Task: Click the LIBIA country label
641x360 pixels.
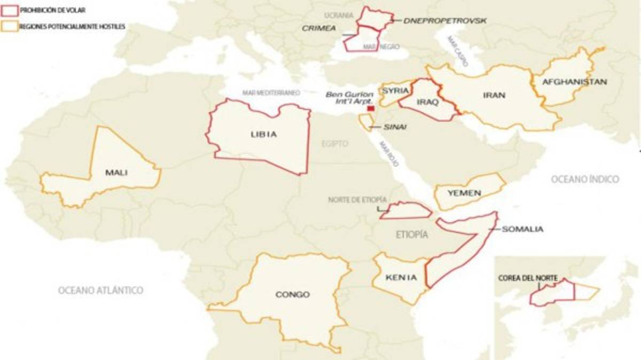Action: click(x=264, y=135)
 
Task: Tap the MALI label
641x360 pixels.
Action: click(x=116, y=172)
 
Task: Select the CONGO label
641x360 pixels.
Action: click(x=292, y=294)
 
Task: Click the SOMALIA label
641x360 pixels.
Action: click(x=522, y=229)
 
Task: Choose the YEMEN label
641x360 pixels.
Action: click(x=464, y=193)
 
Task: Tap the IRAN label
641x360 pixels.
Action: click(x=494, y=95)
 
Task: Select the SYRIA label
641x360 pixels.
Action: click(x=395, y=91)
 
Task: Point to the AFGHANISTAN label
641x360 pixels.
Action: click(x=574, y=82)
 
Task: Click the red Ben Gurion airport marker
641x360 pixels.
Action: click(x=371, y=108)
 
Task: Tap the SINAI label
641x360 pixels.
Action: click(x=395, y=127)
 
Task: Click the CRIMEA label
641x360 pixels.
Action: click(x=318, y=28)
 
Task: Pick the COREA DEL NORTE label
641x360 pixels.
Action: click(x=528, y=278)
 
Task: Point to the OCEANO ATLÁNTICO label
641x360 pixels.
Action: click(x=100, y=290)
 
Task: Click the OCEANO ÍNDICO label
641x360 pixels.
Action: click(x=585, y=179)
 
